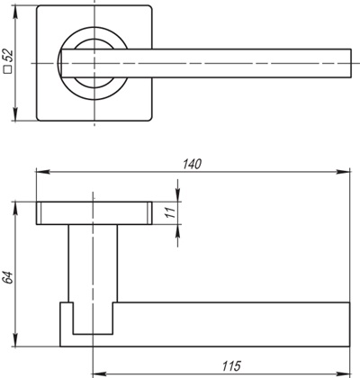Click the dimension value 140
pos(190,164)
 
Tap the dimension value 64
pos(9,277)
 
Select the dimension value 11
pos(167,213)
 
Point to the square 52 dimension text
pos(9,64)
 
